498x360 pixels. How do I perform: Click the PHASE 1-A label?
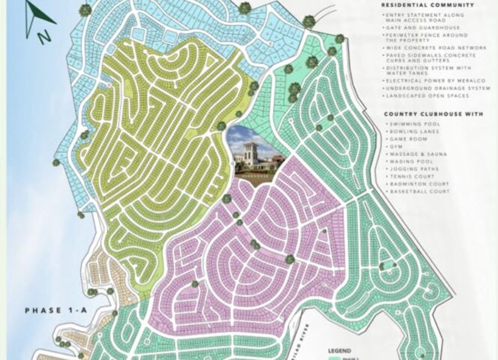click(55, 311)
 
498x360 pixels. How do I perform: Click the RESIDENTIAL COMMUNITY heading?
click(428, 5)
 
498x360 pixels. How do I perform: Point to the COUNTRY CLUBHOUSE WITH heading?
click(433, 114)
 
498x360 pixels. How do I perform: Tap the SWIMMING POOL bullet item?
click(414, 125)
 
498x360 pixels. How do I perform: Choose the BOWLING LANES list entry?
click(414, 132)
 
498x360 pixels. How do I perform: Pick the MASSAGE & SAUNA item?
click(418, 154)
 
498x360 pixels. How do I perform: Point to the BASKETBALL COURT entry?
click(419, 192)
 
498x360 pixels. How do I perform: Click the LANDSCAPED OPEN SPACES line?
click(427, 96)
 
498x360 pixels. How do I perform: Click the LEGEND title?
click(339, 351)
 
